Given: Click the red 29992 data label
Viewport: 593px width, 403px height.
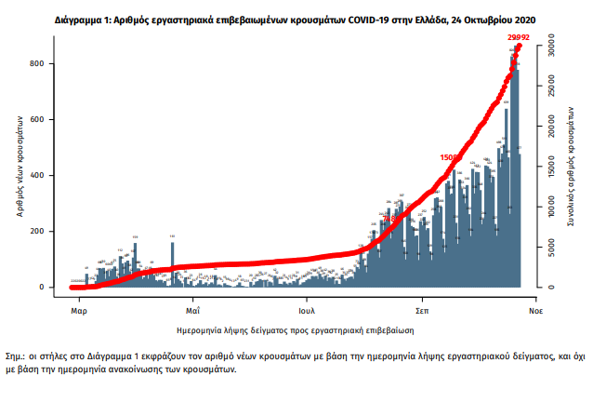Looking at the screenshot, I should (x=518, y=35).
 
